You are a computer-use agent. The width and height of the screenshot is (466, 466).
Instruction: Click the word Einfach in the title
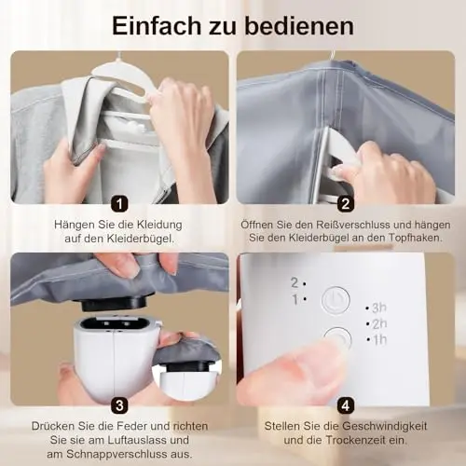157,26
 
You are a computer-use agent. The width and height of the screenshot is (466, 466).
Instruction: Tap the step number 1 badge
119,203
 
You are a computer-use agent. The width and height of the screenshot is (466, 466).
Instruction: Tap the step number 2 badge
346,203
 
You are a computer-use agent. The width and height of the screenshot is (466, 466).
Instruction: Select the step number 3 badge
119,405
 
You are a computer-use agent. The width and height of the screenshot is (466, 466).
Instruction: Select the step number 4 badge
346,405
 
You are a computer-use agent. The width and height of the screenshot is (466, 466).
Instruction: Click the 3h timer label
379,308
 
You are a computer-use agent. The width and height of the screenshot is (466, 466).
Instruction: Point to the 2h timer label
379,324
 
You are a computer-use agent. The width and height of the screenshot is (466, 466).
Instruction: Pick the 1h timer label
379,340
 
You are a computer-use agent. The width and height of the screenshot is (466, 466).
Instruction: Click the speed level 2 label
295,282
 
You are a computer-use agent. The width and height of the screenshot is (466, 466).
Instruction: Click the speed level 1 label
295,300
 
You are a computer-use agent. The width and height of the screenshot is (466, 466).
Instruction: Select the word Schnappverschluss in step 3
116,454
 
